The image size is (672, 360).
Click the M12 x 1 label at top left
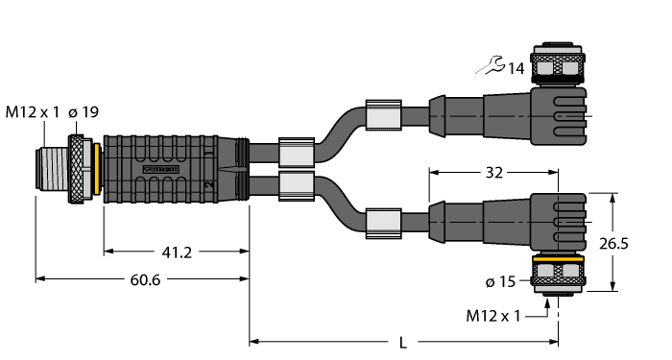coord(32,113)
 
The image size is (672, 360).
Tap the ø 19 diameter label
coord(83,113)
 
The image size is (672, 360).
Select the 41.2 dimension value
coord(174,253)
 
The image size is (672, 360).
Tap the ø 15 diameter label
coord(502,281)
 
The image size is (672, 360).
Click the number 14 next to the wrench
coord(516,68)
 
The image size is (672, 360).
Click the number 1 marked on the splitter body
coord(207,151)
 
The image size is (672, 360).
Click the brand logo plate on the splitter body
coord(160,169)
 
